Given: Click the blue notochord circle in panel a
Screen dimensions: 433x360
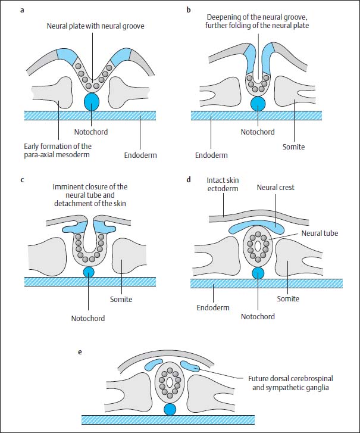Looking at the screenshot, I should click(x=91, y=101).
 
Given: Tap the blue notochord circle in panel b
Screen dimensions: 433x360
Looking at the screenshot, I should click(x=258, y=103).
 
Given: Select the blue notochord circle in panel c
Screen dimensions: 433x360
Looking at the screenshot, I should click(x=89, y=272).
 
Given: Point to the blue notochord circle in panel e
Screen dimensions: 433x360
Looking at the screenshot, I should click(x=170, y=410).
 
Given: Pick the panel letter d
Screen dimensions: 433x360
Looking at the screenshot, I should click(x=189, y=179).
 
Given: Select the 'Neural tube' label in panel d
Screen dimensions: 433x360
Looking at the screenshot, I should click(x=319, y=233).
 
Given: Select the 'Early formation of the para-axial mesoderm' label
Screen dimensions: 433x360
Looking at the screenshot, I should click(x=59, y=151).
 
